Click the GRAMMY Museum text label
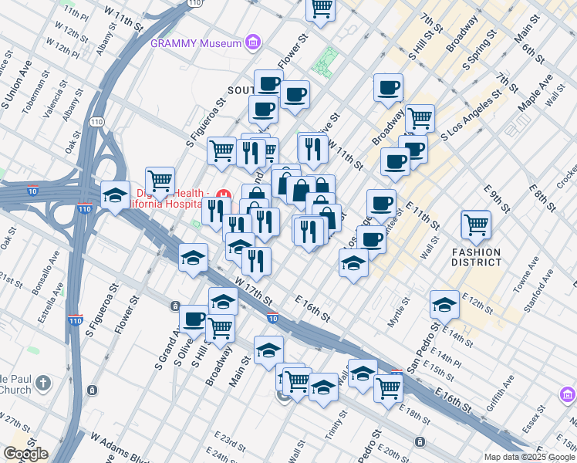196,43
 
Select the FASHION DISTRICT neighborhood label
476,258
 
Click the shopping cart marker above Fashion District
476,225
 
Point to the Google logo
25,454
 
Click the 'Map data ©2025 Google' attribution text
529,457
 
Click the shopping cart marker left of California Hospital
160,180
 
